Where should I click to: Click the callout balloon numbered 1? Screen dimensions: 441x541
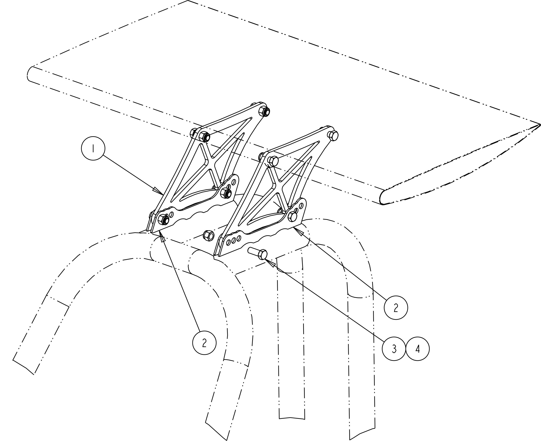coord(93,148)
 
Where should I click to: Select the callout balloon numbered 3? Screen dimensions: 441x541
coord(394,349)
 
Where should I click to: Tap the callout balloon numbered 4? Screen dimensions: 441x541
coord(417,349)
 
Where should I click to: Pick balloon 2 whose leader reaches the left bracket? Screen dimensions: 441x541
coord(204,343)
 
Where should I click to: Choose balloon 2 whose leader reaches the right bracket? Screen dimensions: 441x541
coord(396,307)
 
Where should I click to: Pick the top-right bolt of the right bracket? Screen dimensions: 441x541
coord(334,135)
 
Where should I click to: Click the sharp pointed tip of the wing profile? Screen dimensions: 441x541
coord(540,125)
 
